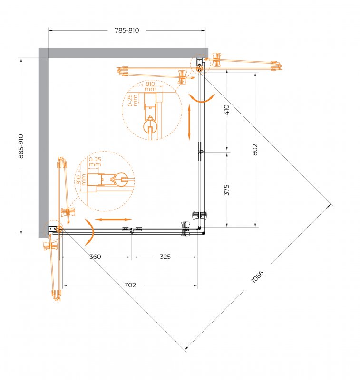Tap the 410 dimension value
(x=227, y=110)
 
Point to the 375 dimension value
(x=227, y=190)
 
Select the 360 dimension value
(x=95, y=257)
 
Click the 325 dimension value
(x=165, y=257)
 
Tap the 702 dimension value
(x=130, y=285)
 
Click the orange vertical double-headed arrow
(x=189, y=122)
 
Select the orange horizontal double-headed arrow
(x=113, y=220)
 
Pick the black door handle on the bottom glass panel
(x=132, y=230)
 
